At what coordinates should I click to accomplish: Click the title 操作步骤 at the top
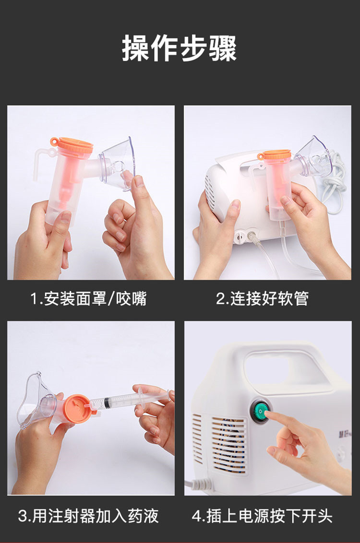(x=180, y=48)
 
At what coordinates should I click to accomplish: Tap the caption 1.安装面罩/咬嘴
(x=89, y=299)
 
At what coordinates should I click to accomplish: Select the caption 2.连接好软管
(x=262, y=299)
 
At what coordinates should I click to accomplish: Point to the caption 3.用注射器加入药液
(x=88, y=516)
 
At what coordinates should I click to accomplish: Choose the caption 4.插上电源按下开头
(x=262, y=516)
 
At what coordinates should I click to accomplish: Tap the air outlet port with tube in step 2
(x=250, y=236)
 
